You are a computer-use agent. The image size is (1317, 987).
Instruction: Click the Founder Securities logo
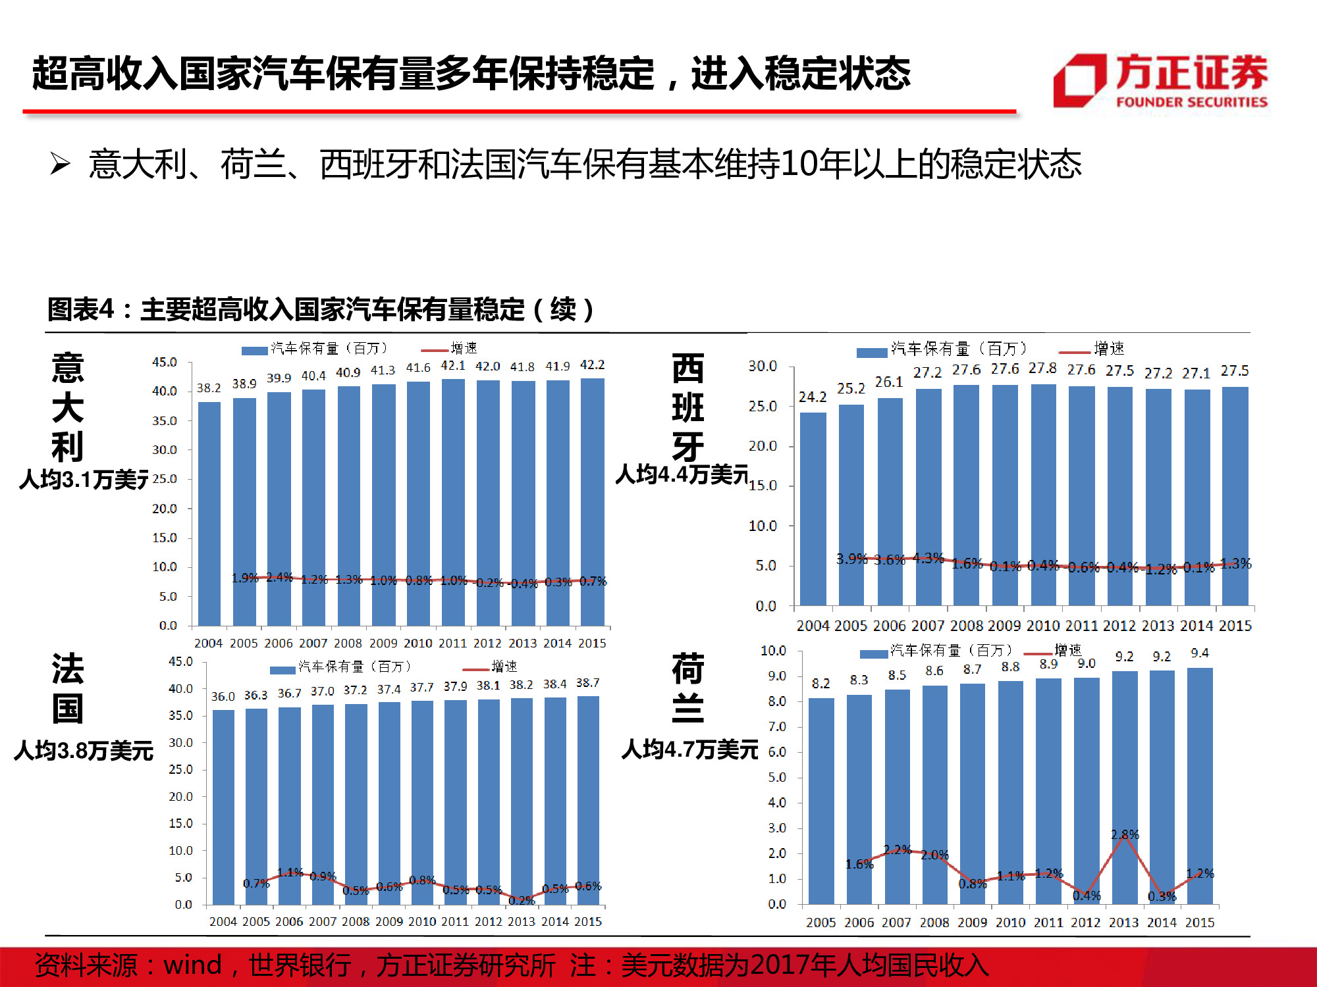[1160, 80]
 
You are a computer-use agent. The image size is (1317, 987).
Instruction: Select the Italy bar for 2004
[209, 513]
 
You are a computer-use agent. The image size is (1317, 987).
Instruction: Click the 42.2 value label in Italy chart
[592, 365]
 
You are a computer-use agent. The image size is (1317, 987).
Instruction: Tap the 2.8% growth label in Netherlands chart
[1125, 834]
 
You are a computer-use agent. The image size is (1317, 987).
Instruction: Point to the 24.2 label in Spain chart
[813, 397]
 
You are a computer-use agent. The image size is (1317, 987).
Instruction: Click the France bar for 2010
[422, 802]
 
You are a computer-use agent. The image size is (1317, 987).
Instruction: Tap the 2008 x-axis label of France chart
[356, 921]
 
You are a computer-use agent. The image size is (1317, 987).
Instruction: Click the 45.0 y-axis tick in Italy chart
[165, 362]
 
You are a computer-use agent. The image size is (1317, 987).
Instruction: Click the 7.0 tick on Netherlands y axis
[777, 726]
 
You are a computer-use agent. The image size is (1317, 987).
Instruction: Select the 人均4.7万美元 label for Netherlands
[689, 749]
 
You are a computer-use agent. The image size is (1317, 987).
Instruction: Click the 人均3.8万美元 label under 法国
[84, 750]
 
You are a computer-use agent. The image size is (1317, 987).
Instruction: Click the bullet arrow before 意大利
[60, 163]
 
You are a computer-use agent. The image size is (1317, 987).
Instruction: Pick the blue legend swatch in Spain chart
[871, 353]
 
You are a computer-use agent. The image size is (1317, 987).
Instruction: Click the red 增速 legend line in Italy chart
[435, 351]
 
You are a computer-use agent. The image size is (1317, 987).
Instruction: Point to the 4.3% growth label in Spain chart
[928, 557]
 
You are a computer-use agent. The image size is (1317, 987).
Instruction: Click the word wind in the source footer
[192, 965]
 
